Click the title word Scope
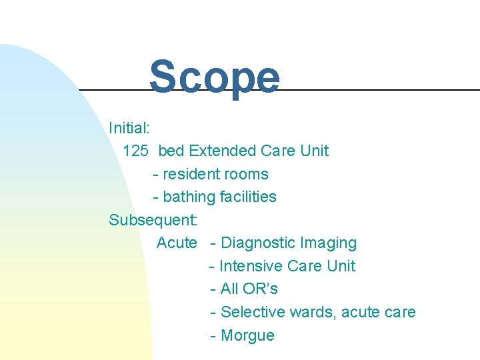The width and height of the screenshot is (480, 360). click(214, 77)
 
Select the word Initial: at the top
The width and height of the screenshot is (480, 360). click(129, 127)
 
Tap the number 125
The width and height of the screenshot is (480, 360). click(136, 151)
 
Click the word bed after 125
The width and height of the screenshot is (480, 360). click(171, 151)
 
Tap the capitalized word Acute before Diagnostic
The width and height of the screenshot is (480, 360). click(177, 243)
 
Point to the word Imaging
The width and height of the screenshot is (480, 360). click(329, 243)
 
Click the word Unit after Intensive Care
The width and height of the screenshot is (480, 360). click(341, 266)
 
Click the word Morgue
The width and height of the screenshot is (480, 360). click(247, 335)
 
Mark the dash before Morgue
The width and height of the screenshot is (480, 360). click(213, 335)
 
